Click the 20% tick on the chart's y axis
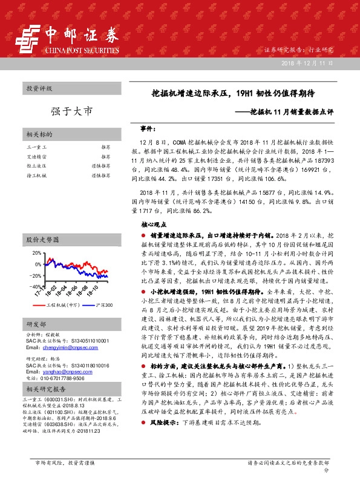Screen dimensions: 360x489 37,254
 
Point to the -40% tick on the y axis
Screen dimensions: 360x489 36,286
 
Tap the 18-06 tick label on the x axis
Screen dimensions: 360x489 73,290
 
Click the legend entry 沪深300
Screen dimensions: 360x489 104,307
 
